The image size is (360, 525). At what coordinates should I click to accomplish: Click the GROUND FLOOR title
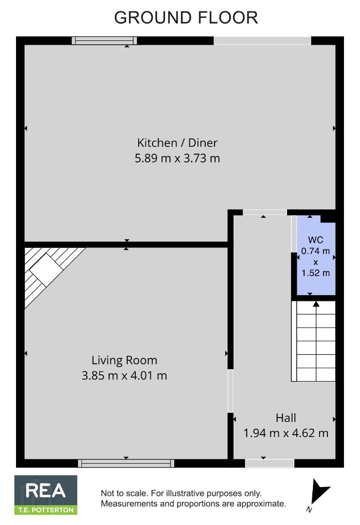pos(186,17)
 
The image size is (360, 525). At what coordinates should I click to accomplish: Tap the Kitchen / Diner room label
pos(177,143)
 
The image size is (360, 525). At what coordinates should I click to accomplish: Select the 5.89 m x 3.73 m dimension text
pos(177,158)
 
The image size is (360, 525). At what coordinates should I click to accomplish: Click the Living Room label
pos(125,360)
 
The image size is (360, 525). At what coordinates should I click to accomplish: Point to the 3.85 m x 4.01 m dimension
pos(125,375)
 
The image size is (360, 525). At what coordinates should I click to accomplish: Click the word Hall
pos(286,418)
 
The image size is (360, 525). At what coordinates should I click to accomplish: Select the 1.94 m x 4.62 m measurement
pos(286,433)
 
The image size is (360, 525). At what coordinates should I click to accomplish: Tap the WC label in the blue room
pos(315,240)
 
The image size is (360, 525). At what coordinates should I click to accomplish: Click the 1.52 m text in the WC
pos(315,273)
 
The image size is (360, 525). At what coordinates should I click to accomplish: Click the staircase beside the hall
pos(313,341)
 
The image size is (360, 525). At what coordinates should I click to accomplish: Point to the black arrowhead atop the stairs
pos(316,304)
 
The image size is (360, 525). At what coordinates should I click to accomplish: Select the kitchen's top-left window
pos(105,40)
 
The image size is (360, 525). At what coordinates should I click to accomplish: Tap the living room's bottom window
pos(126,463)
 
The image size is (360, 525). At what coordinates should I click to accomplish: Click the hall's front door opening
pos(270,463)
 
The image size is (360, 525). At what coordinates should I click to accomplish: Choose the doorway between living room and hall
pos(230,391)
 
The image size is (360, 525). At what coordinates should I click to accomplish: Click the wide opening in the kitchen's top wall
pos(262,40)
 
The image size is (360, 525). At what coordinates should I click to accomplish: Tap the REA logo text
pos(46,491)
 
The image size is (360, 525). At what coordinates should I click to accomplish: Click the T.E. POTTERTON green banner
pos(46,510)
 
